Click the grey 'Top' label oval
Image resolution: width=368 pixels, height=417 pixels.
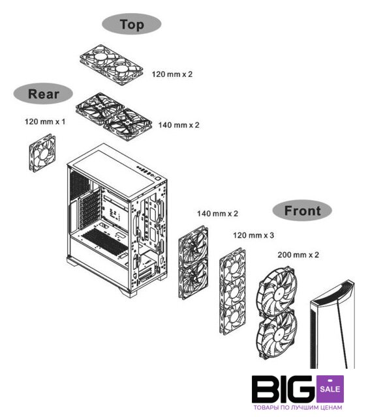132,24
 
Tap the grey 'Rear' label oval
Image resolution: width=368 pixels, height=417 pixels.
43,94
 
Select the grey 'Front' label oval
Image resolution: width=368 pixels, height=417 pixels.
302,210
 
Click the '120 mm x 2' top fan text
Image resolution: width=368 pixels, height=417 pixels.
172,74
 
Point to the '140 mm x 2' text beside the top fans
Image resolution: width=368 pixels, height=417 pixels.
179,125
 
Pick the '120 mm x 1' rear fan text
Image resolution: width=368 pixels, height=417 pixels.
45,122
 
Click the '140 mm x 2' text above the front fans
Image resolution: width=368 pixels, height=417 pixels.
217,214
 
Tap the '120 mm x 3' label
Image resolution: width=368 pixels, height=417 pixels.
253,235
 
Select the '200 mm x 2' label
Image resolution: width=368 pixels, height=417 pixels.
298,255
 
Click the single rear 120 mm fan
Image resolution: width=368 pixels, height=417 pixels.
42,153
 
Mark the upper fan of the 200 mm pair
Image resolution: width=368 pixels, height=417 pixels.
277,292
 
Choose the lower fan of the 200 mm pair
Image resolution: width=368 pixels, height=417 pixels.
277,336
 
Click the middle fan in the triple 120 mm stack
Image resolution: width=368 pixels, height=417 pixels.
233,291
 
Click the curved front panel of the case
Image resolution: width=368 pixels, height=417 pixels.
332,324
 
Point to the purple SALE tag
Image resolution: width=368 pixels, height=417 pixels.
330,389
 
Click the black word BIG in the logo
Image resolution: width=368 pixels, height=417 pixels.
284,389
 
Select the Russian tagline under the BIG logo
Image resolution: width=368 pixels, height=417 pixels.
298,408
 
